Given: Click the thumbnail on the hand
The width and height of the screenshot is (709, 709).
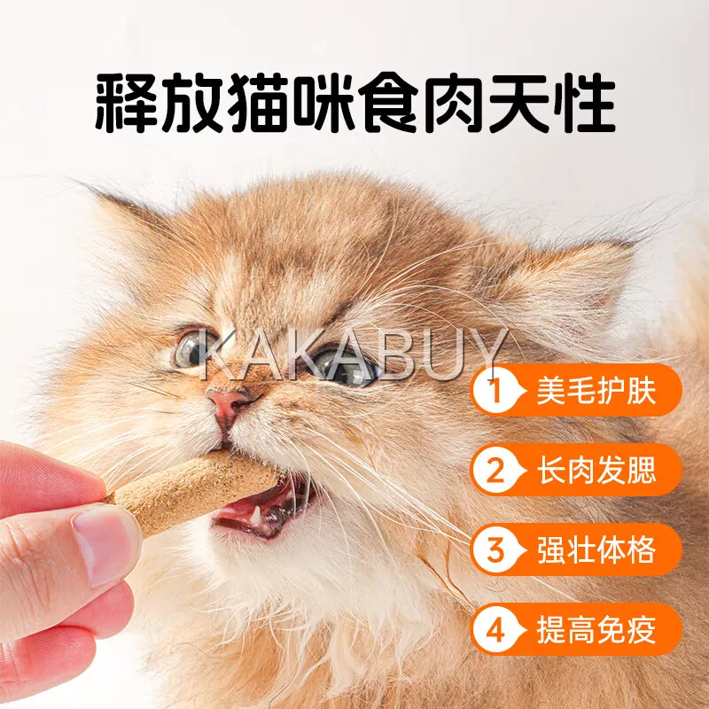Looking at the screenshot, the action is click(x=105, y=546).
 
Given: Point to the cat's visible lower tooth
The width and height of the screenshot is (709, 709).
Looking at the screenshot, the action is click(x=256, y=514).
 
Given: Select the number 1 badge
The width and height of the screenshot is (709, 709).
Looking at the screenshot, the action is click(x=497, y=390).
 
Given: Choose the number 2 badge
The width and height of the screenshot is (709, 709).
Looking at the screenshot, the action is click(x=497, y=470).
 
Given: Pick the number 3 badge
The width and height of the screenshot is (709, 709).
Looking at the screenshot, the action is click(x=497, y=549).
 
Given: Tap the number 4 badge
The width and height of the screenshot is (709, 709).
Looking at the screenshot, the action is click(x=497, y=629).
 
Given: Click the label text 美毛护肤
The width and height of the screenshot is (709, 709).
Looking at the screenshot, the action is click(x=596, y=390).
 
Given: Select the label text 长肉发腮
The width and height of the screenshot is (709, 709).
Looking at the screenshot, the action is click(x=596, y=470).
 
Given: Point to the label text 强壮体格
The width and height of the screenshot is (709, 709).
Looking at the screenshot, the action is click(x=596, y=549).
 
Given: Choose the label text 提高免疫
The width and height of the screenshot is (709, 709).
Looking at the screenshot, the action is click(x=596, y=629).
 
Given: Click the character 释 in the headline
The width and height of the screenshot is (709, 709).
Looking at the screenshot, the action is click(x=126, y=102).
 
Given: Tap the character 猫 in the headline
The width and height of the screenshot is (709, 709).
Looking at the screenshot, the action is click(x=258, y=102).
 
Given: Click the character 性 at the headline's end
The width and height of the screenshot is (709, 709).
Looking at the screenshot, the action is click(x=585, y=102).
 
